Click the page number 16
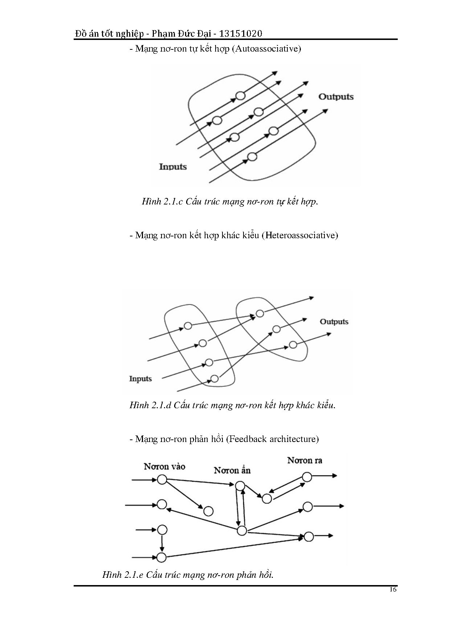coord(393,589)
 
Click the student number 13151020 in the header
coord(241,34)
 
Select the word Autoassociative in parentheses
coord(267,49)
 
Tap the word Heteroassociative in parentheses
coord(299,235)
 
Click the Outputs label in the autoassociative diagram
coord(336,97)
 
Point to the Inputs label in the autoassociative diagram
coord(173,167)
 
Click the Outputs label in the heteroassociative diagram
coord(334,322)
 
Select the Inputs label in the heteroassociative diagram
coord(140,379)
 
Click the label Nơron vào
coord(164,466)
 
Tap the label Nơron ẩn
coord(232,471)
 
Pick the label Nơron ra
coord(305,460)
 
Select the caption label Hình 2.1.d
coord(150,405)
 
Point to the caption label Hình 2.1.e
coord(123,575)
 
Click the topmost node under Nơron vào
coord(162,480)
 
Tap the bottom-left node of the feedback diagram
coord(161,557)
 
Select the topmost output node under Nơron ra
coord(307,476)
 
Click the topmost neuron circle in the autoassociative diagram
coord(240,96)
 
